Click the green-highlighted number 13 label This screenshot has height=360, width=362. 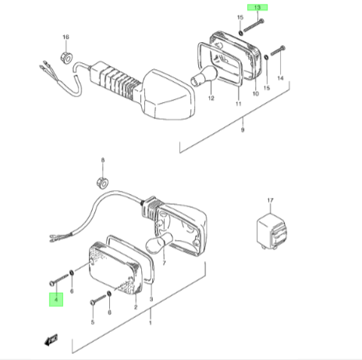pyautogui.click(x=257, y=8)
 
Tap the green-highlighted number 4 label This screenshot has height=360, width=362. pyautogui.click(x=56, y=299)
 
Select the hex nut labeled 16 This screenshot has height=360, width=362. pyautogui.click(x=66, y=58)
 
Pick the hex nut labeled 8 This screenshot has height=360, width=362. pyautogui.click(x=103, y=182)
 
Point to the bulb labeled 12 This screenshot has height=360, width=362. pyautogui.click(x=204, y=76)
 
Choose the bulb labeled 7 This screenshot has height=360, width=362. pyautogui.click(x=159, y=243)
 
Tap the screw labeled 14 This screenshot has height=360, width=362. pyautogui.click(x=278, y=51)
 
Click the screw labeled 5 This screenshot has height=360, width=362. pyautogui.click(x=98, y=299)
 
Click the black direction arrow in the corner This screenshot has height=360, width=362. pyautogui.click(x=51, y=340)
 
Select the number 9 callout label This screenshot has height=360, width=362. pyautogui.click(x=243, y=129)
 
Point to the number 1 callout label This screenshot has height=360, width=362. pyautogui.click(x=151, y=323)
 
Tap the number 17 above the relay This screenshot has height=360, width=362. pyautogui.click(x=271, y=200)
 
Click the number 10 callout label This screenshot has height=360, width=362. pyautogui.click(x=256, y=94)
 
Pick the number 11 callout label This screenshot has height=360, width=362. pyautogui.click(x=239, y=104)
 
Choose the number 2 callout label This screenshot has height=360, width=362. pyautogui.click(x=136, y=307)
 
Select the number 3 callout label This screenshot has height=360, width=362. pyautogui.click(x=151, y=299)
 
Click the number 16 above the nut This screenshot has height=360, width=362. pyautogui.click(x=66, y=37)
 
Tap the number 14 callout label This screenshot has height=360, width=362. pyautogui.click(x=280, y=78)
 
